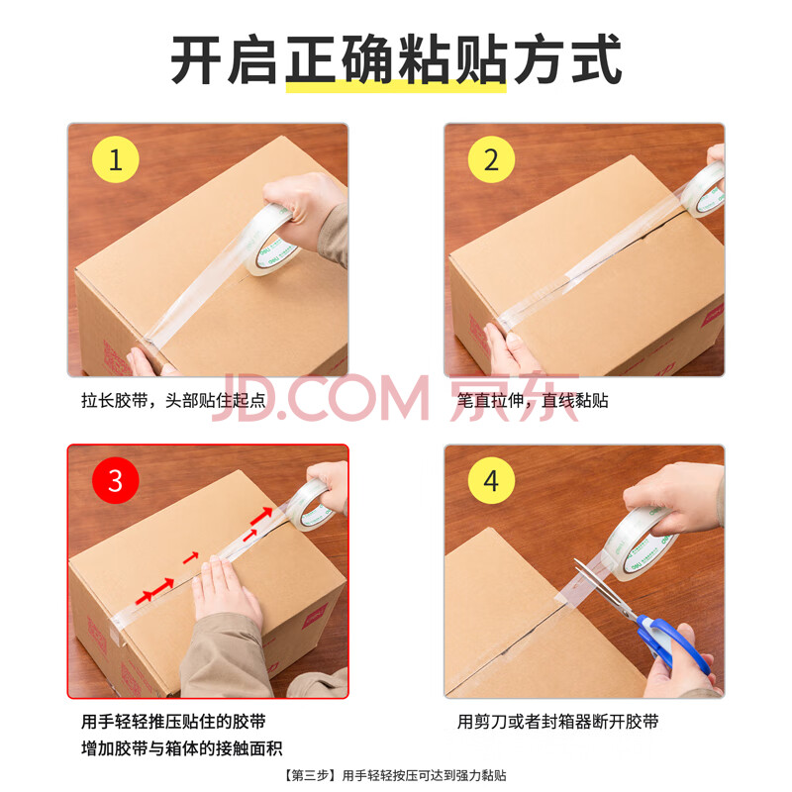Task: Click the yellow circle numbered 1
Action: coord(115,159)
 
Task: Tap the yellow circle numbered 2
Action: coord(491,159)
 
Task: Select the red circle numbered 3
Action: coord(115,480)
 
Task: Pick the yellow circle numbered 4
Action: coord(491,480)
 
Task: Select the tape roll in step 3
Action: coord(312,506)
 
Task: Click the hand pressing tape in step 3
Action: coord(228,591)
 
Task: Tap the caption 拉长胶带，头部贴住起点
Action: coord(173,401)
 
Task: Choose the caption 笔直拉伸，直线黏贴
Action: coord(533,401)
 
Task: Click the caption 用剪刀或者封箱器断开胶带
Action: coord(558,722)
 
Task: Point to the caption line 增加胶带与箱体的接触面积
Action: coord(182,748)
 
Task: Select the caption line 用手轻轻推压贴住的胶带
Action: coord(173,722)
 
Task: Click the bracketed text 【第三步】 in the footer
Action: coord(309,775)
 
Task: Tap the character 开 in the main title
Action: coord(197,59)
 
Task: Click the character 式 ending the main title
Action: coord(596,59)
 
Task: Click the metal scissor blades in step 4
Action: coord(604,586)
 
